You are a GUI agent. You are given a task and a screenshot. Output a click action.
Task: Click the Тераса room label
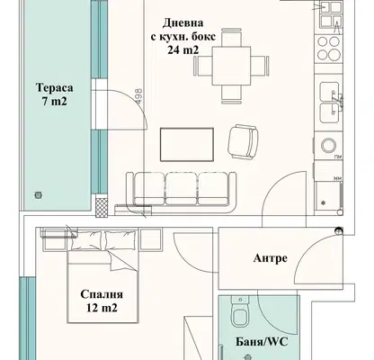point(54,88)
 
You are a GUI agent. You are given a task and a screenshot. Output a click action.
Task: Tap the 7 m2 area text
point(54,102)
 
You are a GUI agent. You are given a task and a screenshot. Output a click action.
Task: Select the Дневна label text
point(183,22)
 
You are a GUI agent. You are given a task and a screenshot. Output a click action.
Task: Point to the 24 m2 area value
point(183,49)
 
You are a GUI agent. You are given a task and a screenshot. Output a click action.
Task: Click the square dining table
point(231,66)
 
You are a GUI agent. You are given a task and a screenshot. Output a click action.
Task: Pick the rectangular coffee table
point(187,144)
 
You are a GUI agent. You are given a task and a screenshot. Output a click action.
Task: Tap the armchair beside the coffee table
point(243,141)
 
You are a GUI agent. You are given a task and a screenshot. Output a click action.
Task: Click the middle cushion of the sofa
point(182,188)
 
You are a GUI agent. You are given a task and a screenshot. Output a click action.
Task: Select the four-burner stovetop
point(328,48)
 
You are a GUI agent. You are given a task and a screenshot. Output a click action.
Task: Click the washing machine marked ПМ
point(328,146)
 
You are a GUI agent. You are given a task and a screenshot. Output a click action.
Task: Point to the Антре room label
point(271,258)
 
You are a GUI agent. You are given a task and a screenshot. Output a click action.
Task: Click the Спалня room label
point(102,294)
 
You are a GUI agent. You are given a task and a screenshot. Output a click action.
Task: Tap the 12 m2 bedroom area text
point(102,308)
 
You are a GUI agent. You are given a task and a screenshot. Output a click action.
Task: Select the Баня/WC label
point(262,342)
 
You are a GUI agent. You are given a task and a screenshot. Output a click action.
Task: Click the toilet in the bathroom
point(240,311)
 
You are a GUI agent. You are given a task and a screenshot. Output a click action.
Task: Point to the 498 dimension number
point(138,96)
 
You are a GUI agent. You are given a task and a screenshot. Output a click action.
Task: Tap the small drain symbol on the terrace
point(38,195)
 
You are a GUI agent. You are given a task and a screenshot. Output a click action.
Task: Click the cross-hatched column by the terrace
point(102,207)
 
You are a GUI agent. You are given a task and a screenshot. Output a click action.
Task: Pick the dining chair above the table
point(231,37)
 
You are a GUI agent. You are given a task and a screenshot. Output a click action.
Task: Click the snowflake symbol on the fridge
point(323,203)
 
